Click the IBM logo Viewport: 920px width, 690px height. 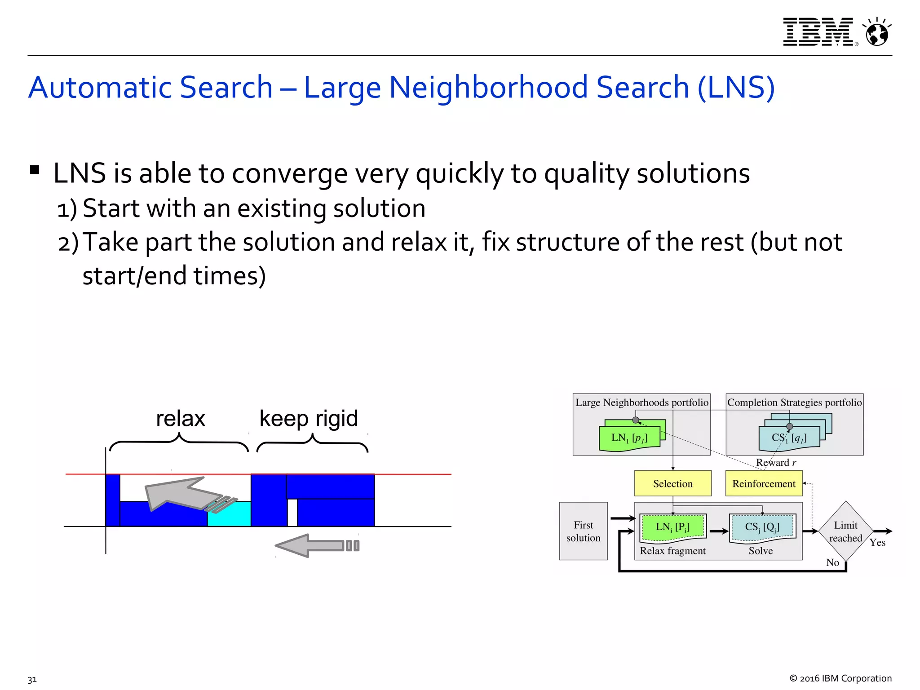click(818, 32)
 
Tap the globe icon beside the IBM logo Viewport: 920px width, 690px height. click(877, 33)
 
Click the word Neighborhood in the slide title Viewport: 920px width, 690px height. click(488, 87)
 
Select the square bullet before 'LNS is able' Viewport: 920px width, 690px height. click(35, 170)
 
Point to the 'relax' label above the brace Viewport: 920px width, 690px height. click(180, 419)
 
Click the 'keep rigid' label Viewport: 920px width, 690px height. click(309, 419)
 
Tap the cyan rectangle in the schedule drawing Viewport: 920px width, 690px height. click(229, 514)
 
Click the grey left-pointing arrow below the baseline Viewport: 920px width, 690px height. click(317, 546)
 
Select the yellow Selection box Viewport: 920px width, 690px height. click(672, 483)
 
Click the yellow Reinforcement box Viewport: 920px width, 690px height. click(764, 483)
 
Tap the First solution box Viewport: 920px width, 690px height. click(583, 531)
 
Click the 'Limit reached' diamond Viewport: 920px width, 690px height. click(845, 531)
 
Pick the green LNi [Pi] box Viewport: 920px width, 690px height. click(672, 527)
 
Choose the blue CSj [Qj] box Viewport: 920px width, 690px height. click(762, 527)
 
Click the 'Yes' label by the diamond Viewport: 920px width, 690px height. click(877, 543)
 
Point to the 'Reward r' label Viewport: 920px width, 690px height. click(776, 463)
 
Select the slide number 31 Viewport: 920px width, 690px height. click(32, 679)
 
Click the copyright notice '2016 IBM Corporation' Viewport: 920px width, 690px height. click(840, 678)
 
